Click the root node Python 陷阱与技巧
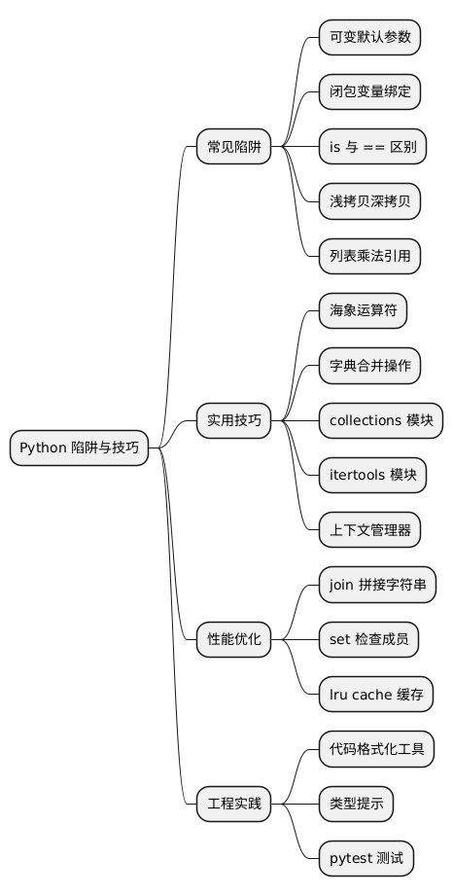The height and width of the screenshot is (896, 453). point(79,448)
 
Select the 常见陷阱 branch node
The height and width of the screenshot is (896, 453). point(234,148)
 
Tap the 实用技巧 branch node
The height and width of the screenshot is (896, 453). point(234,421)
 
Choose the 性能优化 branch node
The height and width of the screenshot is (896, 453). point(234,639)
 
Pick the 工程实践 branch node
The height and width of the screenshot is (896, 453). point(234,804)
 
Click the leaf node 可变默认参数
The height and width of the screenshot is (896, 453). point(370,38)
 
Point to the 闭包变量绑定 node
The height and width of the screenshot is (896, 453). point(370,92)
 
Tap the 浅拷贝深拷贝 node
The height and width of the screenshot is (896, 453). point(370,202)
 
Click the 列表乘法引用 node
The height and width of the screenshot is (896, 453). point(370,257)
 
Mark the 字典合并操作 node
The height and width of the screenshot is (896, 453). point(370,367)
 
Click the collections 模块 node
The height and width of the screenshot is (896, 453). point(381,421)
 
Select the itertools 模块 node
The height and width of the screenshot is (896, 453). point(373,476)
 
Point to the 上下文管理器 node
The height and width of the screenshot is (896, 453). point(370,530)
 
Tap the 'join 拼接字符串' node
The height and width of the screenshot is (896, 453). point(377,585)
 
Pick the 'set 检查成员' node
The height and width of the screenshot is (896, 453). point(369,639)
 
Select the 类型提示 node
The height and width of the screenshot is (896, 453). point(357,804)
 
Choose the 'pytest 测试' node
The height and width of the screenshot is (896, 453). point(366,858)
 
